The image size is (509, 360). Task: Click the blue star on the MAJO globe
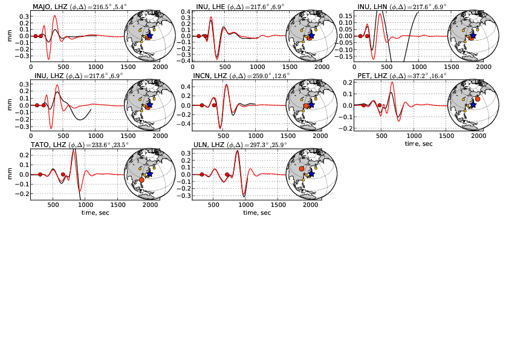point(149,36)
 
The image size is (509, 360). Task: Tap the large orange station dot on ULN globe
point(302,169)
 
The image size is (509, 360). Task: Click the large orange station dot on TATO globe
point(141,180)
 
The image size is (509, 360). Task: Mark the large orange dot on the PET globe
point(478,99)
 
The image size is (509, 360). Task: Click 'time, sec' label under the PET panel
point(420,144)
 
